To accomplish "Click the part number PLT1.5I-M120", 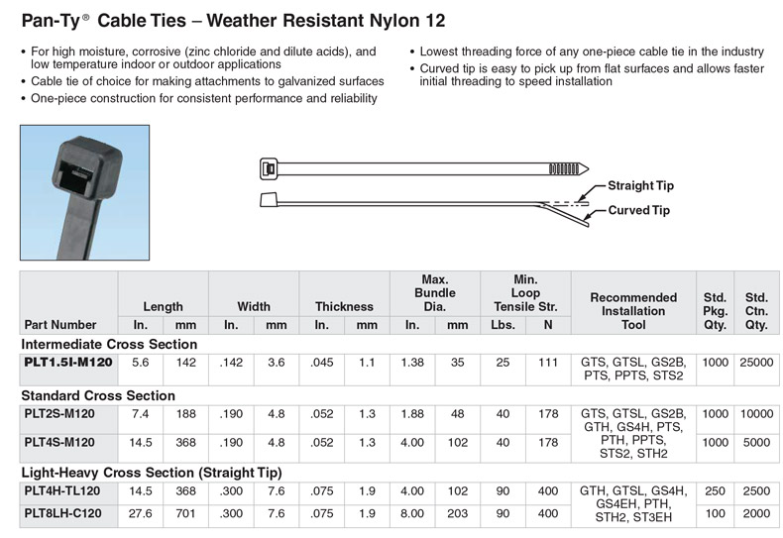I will (x=67, y=364).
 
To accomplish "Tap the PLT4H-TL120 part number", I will (x=62, y=491).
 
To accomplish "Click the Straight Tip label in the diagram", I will (x=640, y=186).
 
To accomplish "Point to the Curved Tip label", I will (x=638, y=210).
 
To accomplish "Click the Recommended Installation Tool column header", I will (x=633, y=310).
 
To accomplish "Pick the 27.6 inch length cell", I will (x=141, y=513).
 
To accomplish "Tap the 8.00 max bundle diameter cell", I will (x=412, y=513).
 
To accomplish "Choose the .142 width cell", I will (x=231, y=364).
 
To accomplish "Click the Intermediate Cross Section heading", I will (x=109, y=345).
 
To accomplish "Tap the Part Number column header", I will (x=59, y=324).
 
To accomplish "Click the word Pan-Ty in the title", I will (x=44, y=20).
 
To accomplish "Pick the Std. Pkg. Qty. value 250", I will (x=714, y=491).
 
